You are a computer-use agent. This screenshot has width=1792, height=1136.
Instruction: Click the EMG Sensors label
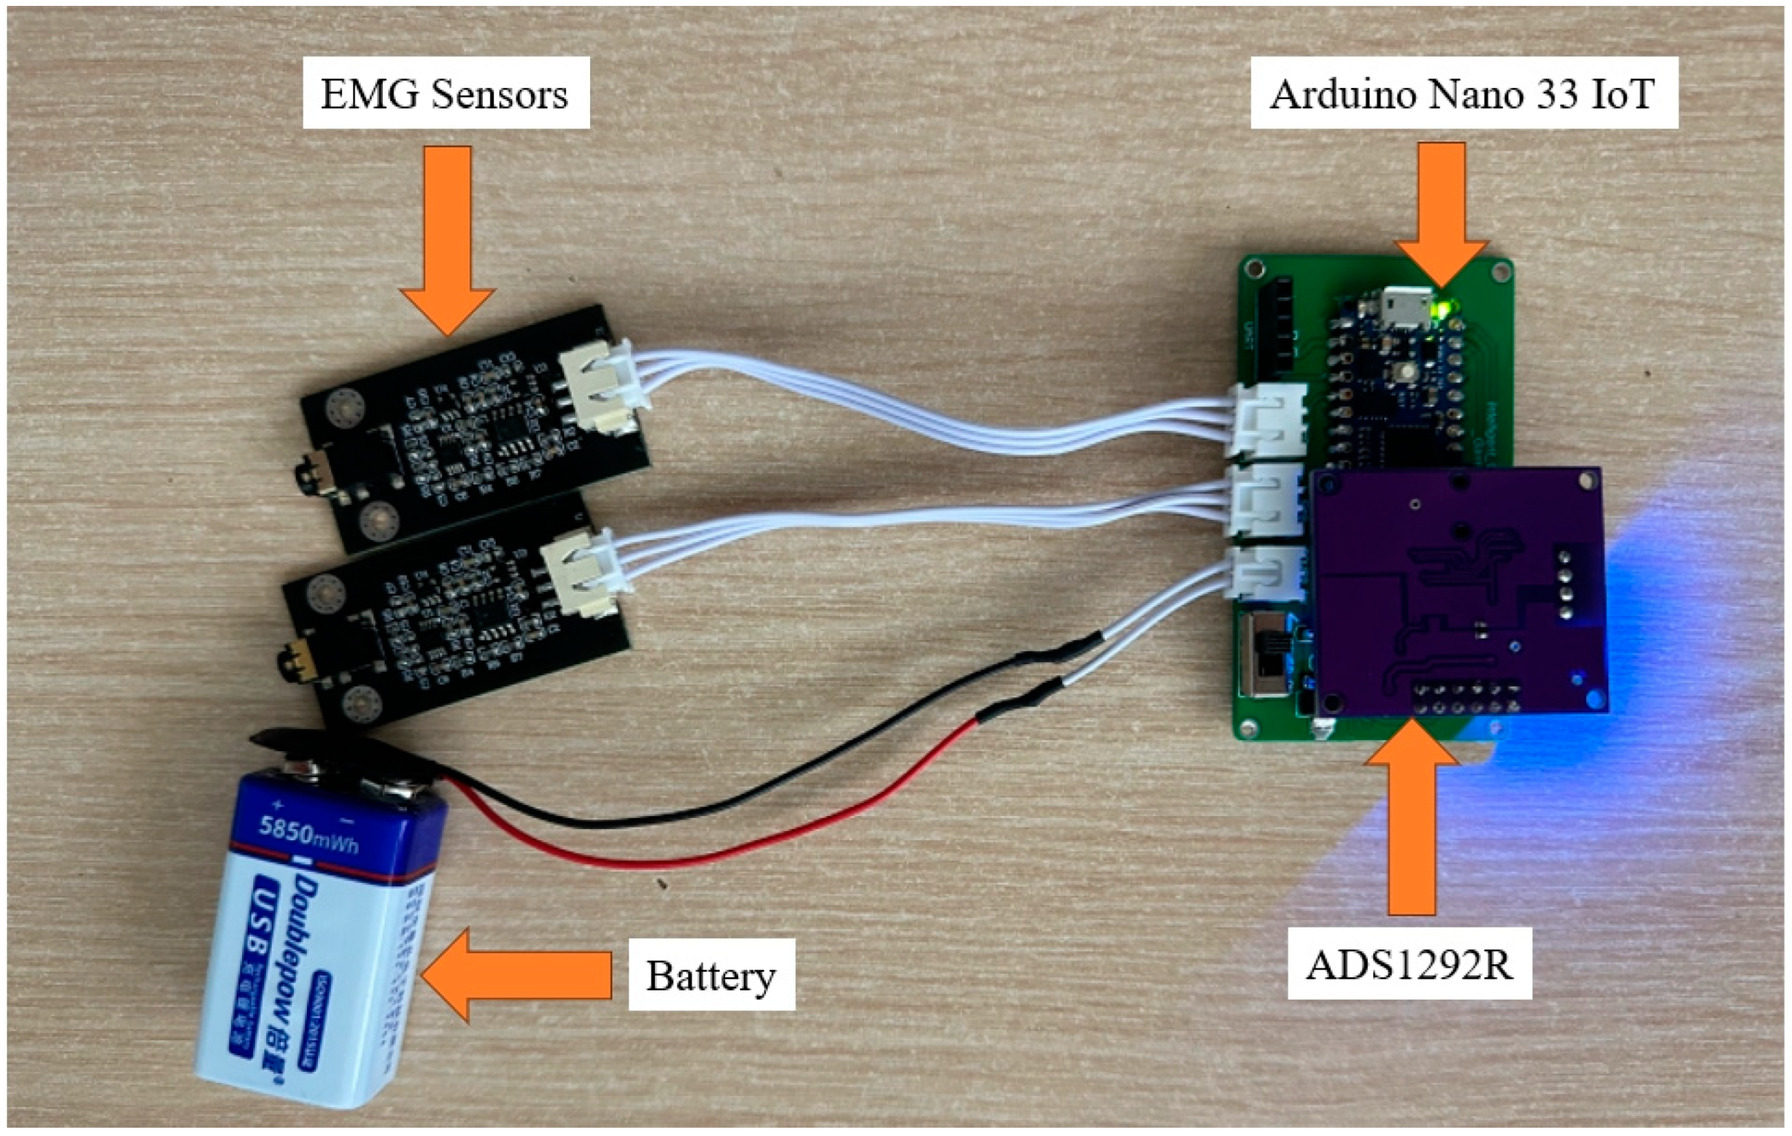(x=445, y=94)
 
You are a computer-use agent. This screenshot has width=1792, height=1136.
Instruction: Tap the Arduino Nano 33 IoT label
(x=1462, y=94)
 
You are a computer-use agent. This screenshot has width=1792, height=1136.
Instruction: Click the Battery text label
(x=711, y=975)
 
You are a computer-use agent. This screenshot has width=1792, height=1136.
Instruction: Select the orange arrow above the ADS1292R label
(x=1411, y=826)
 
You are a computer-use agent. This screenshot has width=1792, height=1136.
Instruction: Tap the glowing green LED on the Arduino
(x=1446, y=307)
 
